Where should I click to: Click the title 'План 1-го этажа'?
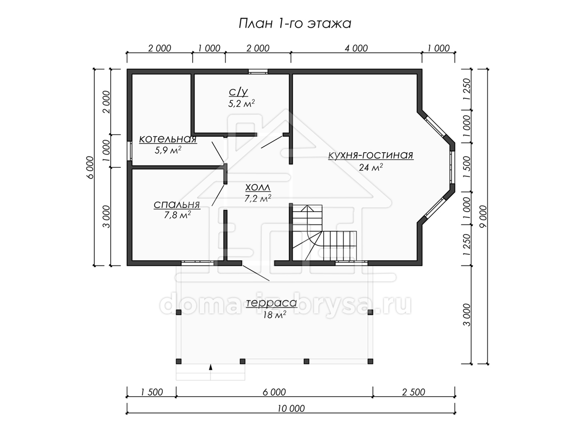(x=295, y=24)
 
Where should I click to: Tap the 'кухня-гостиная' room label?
(x=371, y=155)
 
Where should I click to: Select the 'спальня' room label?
(x=177, y=205)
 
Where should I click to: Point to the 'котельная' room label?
(x=168, y=139)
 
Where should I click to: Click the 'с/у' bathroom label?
(x=238, y=92)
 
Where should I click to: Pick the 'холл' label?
(x=258, y=187)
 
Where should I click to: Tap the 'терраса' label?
(x=271, y=303)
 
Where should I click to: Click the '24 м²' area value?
(x=371, y=167)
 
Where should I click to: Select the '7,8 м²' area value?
(x=177, y=215)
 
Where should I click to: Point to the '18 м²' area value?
(x=275, y=315)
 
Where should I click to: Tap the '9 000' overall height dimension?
(x=483, y=216)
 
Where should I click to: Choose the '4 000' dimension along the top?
(x=356, y=49)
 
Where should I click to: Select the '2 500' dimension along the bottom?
(x=413, y=392)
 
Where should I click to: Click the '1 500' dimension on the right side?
(x=467, y=167)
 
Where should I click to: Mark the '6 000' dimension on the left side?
(x=90, y=167)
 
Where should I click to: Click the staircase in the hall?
(x=324, y=233)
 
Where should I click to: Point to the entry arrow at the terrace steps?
(x=211, y=367)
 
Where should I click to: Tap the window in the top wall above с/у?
(x=258, y=71)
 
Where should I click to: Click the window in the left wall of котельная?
(x=129, y=151)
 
